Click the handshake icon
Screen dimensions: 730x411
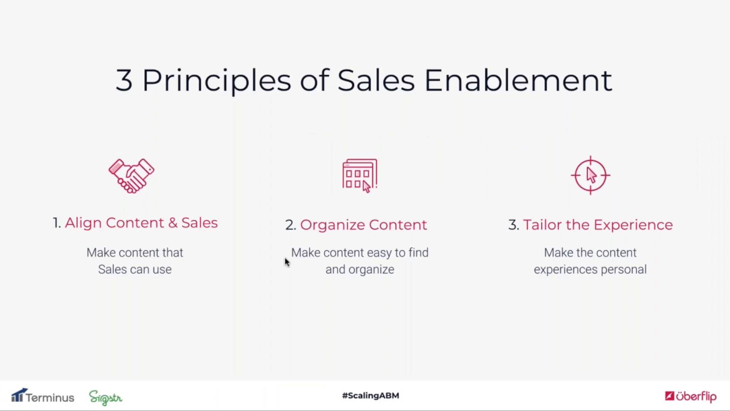click(131, 176)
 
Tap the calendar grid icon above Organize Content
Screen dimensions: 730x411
click(360, 175)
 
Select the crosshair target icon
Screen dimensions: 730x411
click(590, 175)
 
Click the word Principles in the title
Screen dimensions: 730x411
click(217, 81)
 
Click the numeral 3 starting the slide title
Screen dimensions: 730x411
click(124, 80)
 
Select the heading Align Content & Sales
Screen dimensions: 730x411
click(141, 223)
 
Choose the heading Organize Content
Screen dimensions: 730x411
click(363, 225)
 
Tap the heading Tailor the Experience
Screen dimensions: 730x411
click(598, 225)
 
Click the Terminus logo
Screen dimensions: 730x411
click(43, 396)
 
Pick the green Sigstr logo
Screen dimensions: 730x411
click(106, 398)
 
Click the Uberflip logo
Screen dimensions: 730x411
click(691, 397)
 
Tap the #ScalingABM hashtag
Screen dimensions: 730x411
click(371, 396)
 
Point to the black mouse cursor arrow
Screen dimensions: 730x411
click(287, 262)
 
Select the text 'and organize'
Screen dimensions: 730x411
click(360, 270)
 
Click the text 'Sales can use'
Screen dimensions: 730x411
click(135, 269)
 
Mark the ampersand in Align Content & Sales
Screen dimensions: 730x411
click(173, 223)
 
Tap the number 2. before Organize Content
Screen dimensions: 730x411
click(291, 225)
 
